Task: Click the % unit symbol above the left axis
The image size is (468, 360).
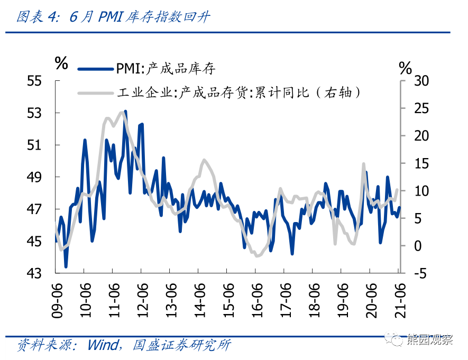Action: pos(61,63)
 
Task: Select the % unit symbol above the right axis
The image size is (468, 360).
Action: pos(406,67)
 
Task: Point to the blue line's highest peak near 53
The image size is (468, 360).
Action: pos(125,111)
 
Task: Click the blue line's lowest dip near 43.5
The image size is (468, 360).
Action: pos(66,266)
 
